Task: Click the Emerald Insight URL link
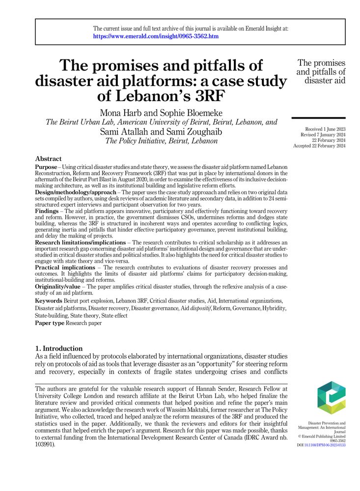point(156,36)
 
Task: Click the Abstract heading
point(48,159)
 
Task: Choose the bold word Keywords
point(49,300)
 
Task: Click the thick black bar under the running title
point(318,118)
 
